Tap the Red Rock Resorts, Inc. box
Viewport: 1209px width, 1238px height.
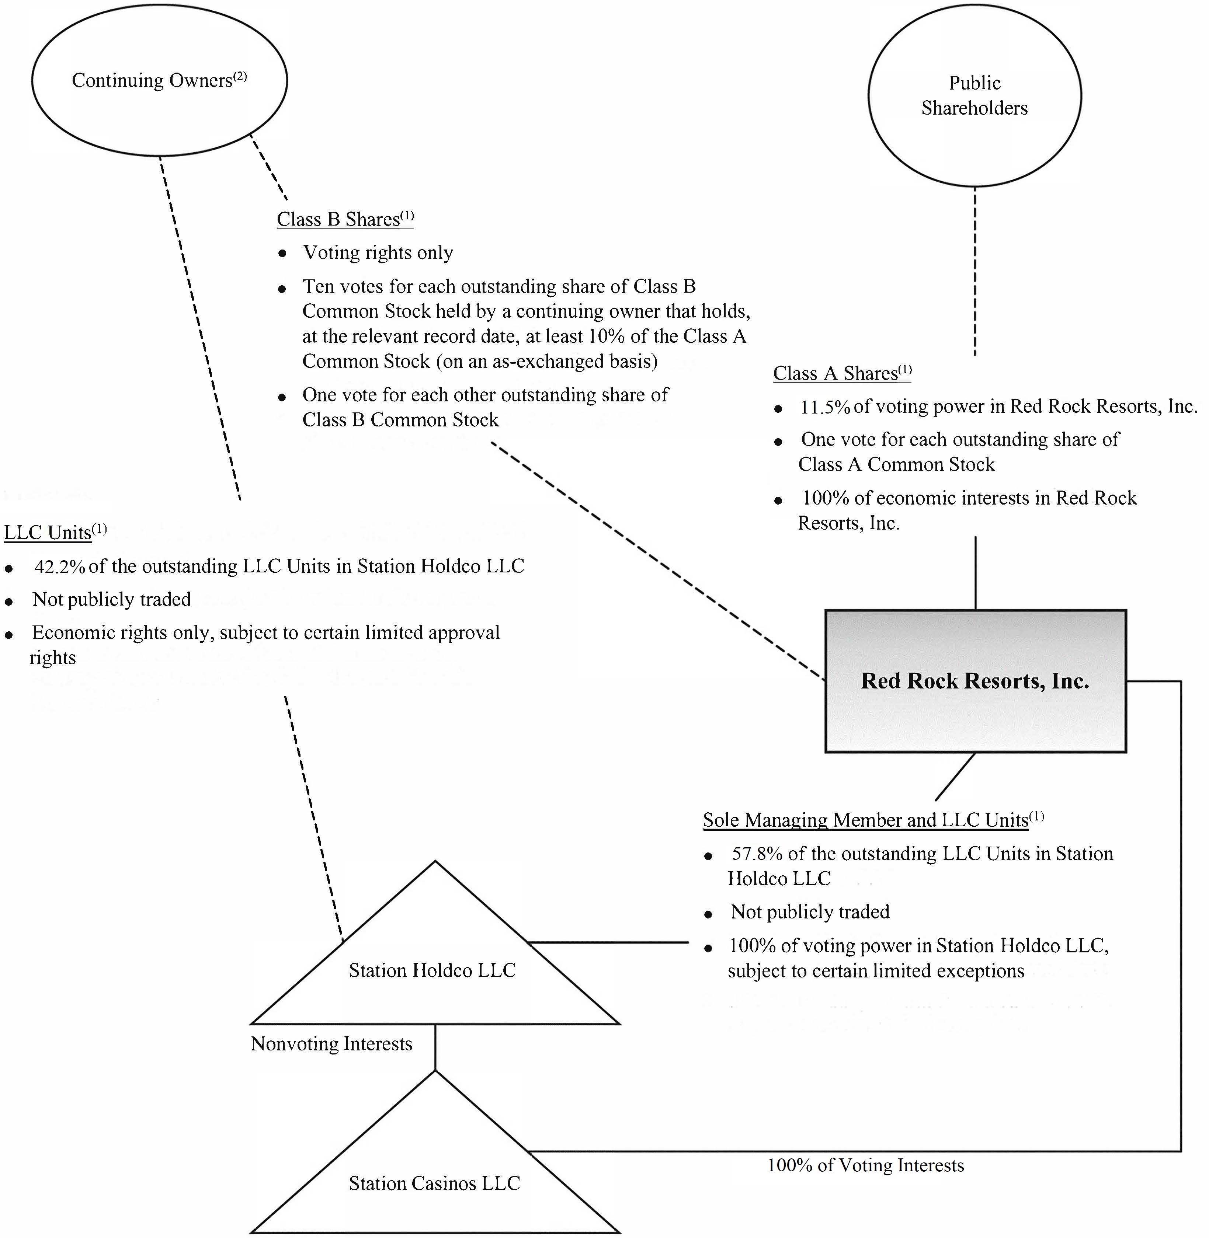click(975, 681)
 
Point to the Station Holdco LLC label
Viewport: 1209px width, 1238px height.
click(432, 970)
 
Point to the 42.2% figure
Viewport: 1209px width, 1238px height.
click(60, 566)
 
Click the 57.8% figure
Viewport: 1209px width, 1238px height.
click(757, 854)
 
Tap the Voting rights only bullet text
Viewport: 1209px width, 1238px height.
click(378, 253)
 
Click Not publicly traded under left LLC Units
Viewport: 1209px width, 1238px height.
click(112, 599)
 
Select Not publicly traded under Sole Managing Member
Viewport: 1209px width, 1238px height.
click(810, 912)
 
